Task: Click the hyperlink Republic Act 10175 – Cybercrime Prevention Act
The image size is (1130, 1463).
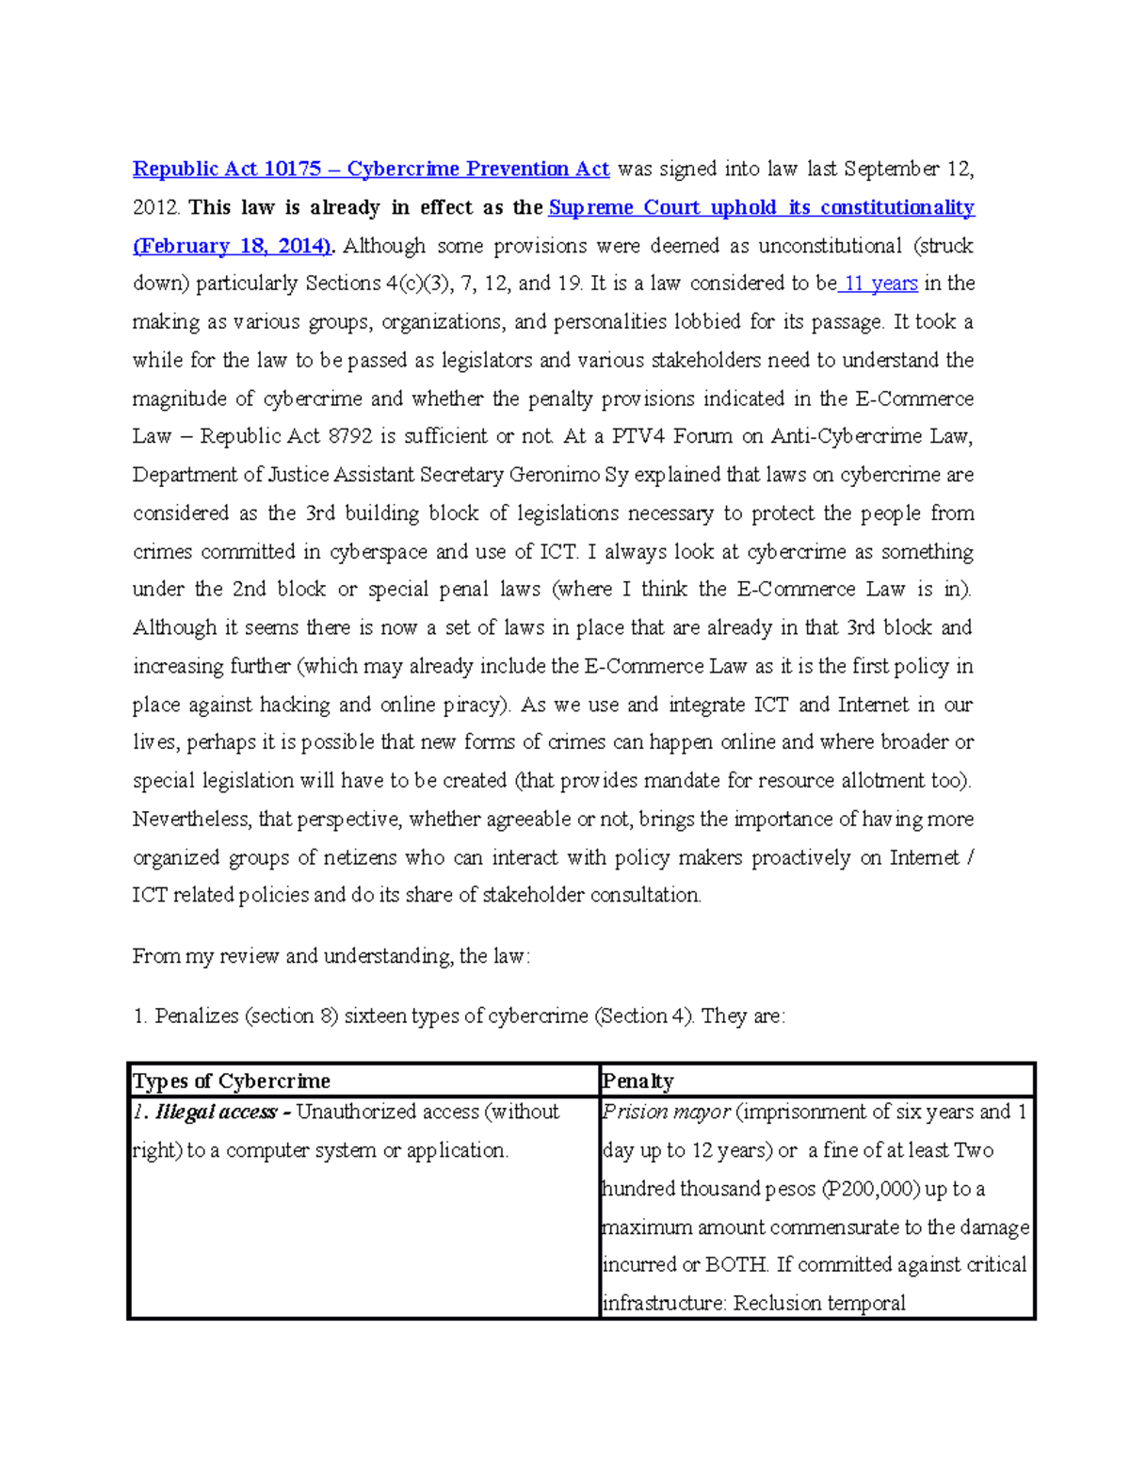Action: pyautogui.click(x=371, y=170)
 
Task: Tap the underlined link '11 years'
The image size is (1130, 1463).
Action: pyautogui.click(x=880, y=284)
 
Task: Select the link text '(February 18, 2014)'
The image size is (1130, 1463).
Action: pyautogui.click(x=233, y=246)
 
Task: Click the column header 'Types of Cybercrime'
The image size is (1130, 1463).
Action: pyautogui.click(x=232, y=1081)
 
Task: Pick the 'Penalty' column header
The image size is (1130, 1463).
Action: pyautogui.click(x=638, y=1081)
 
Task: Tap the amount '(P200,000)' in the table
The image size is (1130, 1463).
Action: pyautogui.click(x=872, y=1189)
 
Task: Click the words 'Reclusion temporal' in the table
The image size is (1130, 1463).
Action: pyautogui.click(x=819, y=1304)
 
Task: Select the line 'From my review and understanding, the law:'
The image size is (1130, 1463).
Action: pyautogui.click(x=331, y=956)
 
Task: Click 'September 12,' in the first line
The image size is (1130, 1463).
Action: pyautogui.click(x=908, y=170)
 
